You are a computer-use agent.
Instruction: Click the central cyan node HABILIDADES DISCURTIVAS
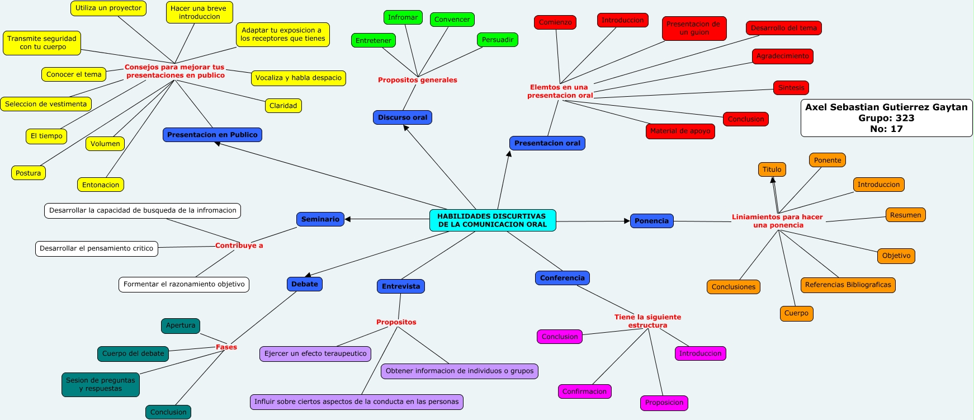click(492, 220)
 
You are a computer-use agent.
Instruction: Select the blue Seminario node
click(320, 219)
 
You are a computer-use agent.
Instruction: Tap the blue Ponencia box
click(651, 221)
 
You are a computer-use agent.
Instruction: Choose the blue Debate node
click(305, 284)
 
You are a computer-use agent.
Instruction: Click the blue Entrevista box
click(401, 286)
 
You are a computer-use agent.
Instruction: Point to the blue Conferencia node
click(562, 278)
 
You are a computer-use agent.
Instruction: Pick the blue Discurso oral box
click(403, 117)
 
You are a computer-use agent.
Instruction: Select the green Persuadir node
click(497, 40)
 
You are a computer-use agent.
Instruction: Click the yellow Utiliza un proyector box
click(108, 8)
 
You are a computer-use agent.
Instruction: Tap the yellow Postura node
click(29, 173)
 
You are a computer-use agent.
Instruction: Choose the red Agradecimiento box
click(782, 56)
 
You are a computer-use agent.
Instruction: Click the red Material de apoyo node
click(680, 131)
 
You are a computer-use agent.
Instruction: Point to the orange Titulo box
click(772, 169)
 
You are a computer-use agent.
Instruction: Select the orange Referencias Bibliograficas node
click(848, 285)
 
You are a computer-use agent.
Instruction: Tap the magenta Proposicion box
click(664, 403)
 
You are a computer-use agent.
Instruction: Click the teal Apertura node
click(181, 325)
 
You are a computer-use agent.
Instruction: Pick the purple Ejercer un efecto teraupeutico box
click(315, 354)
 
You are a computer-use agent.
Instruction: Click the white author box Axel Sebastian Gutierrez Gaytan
click(886, 118)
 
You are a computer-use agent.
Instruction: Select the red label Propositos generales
click(417, 80)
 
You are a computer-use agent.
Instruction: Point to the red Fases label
click(226, 347)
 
